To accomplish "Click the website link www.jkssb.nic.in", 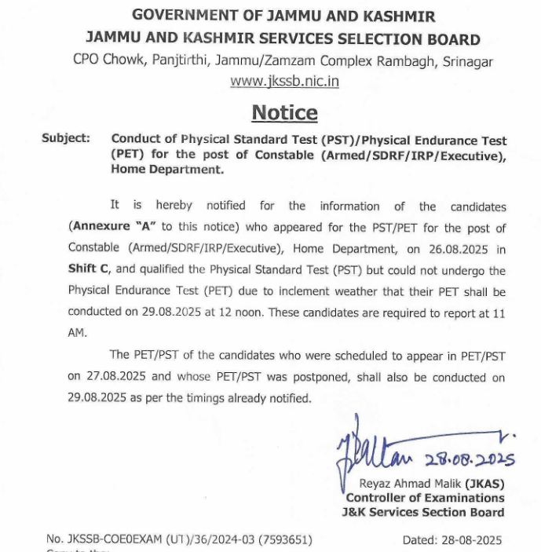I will point(284,81).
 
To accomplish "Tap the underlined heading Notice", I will point(284,113).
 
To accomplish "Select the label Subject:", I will point(66,138).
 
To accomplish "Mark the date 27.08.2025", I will point(98,377).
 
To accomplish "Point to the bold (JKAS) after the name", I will point(484,483).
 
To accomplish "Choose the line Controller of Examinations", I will point(426,498).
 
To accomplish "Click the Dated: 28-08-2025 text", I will point(451,540).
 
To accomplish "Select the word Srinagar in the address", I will point(467,60).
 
